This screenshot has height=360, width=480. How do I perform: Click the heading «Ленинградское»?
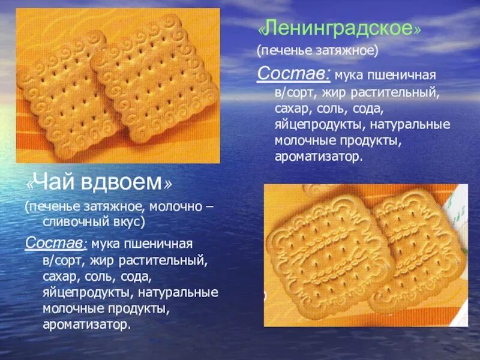tap(338, 29)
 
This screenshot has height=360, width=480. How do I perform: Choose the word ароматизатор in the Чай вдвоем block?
tap(86, 325)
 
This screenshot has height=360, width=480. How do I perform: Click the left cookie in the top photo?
tap(66, 90)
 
